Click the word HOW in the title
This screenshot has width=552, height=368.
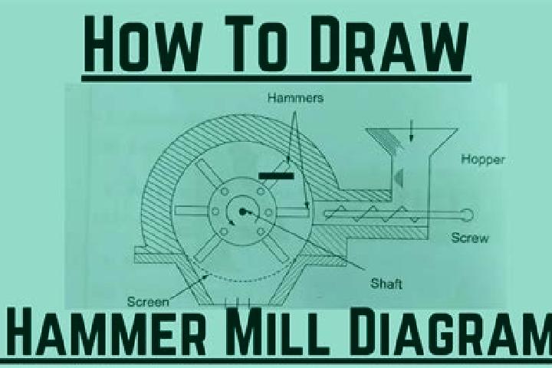point(143,44)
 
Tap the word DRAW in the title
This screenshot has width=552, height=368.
point(389,44)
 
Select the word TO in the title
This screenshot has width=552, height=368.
point(257,44)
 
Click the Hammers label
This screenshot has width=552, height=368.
point(295,97)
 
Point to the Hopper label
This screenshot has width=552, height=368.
point(483,159)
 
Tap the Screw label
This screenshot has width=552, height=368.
point(470,238)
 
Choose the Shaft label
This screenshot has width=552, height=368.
point(386,284)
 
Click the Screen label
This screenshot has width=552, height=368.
point(148,302)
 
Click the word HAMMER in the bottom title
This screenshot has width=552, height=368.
point(107,333)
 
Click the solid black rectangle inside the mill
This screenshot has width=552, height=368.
point(276,176)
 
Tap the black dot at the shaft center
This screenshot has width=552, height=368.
point(242,212)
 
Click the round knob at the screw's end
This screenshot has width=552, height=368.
point(466,215)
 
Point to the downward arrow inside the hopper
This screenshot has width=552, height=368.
point(411,130)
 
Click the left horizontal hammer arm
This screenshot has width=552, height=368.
point(192,211)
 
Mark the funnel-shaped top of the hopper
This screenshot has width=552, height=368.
point(412,142)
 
